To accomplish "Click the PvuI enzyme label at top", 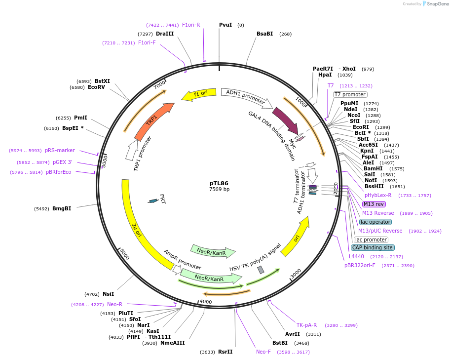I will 225,25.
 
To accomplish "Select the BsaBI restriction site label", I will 264,34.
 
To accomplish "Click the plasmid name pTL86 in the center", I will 219,183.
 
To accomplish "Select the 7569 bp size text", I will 219,189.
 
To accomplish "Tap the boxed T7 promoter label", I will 350,94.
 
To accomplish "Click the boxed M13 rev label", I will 374,204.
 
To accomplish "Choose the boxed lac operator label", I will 375,222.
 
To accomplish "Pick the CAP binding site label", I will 373,247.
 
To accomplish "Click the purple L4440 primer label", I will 356,256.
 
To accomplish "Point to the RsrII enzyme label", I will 225,352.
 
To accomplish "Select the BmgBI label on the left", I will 62,208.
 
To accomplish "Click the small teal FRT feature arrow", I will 153,200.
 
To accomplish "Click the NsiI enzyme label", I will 108,294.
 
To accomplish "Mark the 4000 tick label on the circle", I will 206,302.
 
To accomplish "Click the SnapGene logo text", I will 436,4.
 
